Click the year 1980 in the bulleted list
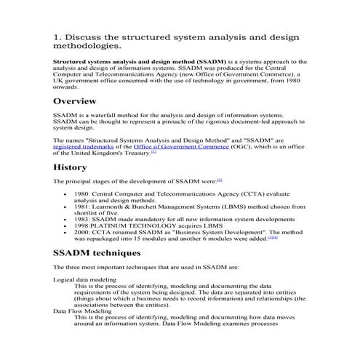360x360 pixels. click(x=82, y=196)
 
